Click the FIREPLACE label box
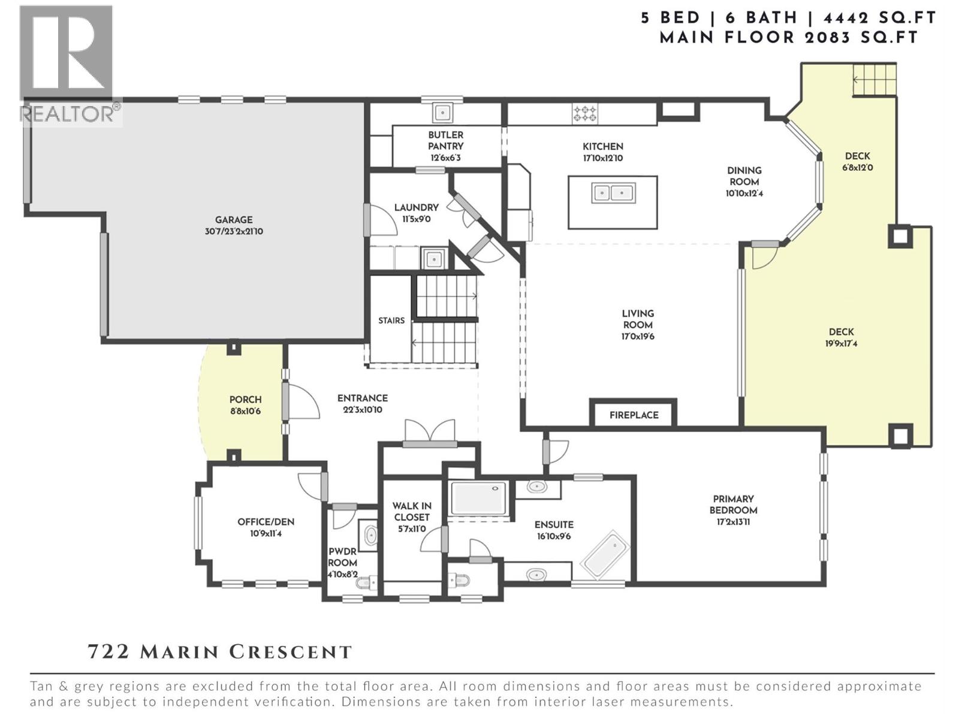[633, 413]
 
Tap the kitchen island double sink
[613, 192]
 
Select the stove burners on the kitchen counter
[585, 113]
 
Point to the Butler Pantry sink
[442, 113]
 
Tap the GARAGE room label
[234, 220]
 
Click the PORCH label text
[246, 400]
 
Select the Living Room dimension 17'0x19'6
[638, 337]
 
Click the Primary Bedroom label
[733, 504]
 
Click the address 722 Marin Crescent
[220, 652]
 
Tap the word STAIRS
[391, 321]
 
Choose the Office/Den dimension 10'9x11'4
[266, 533]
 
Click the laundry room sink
[433, 259]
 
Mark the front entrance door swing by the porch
[303, 402]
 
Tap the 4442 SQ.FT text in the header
[879, 19]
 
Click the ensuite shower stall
[478, 499]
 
